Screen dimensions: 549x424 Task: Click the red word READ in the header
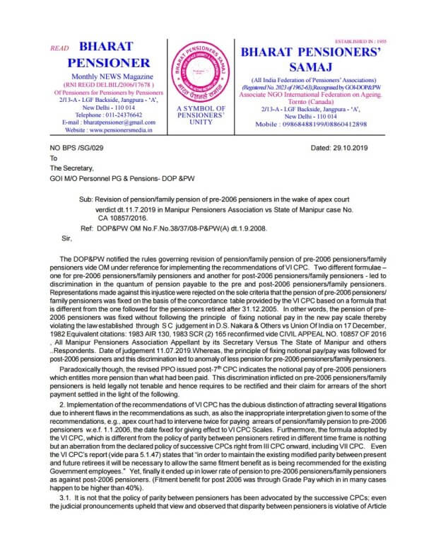61,50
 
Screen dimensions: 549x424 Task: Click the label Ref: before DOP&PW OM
88,210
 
